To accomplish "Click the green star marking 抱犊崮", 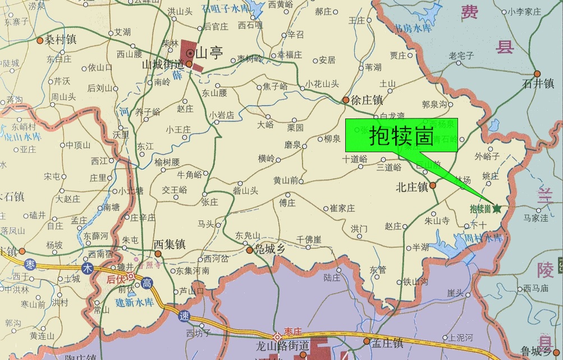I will (497, 208).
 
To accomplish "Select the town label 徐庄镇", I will (367, 101).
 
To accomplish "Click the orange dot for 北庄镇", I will (433, 185).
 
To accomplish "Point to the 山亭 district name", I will (208, 53).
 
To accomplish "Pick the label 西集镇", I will (170, 245).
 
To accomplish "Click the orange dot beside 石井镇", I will (537, 74).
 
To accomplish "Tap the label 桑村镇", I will (61, 40).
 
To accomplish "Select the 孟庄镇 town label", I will (387, 342).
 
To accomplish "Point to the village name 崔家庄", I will (342, 208).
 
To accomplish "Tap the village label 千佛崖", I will (309, 239).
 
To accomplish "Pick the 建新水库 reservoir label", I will (133, 302).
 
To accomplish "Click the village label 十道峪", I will (354, 159).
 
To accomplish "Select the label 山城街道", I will (164, 65).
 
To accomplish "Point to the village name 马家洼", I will (535, 218).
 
